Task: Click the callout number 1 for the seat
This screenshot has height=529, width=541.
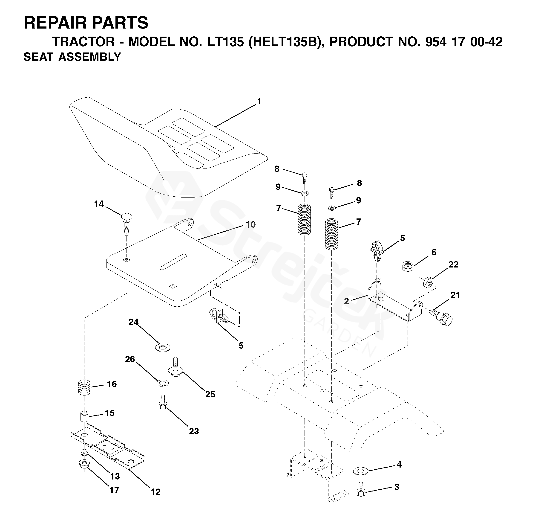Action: pyautogui.click(x=259, y=102)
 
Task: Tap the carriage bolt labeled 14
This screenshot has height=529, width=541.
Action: pyautogui.click(x=127, y=224)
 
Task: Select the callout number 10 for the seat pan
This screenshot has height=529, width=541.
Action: pyautogui.click(x=251, y=224)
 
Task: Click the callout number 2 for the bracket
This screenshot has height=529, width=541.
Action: pyautogui.click(x=346, y=301)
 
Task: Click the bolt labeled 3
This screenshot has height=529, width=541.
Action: pyautogui.click(x=361, y=497)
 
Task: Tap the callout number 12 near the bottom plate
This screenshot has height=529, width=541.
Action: pyautogui.click(x=156, y=492)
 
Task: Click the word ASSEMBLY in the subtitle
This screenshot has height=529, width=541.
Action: pyautogui.click(x=90, y=57)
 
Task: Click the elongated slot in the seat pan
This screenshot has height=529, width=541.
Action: pyautogui.click(x=173, y=262)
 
